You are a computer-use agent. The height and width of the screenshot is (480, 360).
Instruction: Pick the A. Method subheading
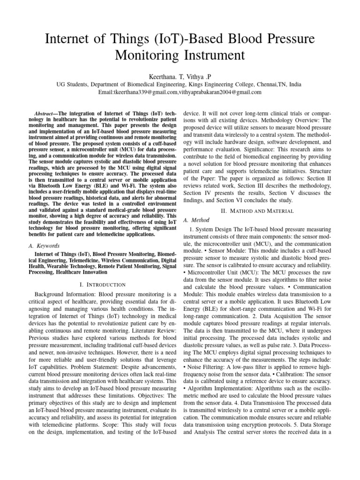coord(195,220)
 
